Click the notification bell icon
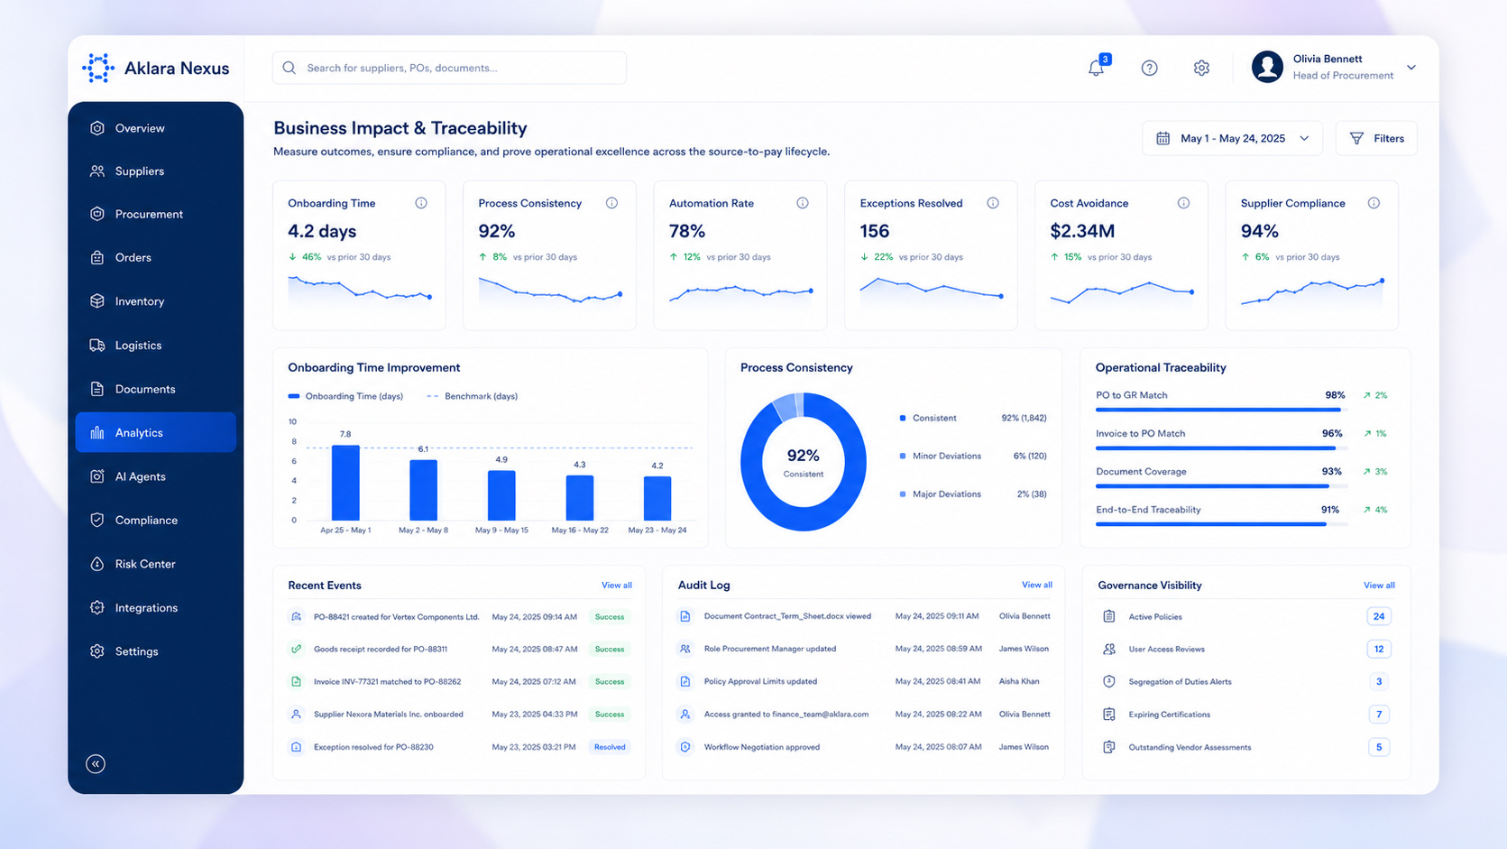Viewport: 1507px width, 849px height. (x=1096, y=68)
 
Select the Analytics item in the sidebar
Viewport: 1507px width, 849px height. (x=155, y=432)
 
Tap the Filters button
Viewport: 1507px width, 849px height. (x=1376, y=138)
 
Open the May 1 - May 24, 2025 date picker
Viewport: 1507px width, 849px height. (x=1232, y=138)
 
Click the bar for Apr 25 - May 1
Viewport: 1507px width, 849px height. (x=345, y=483)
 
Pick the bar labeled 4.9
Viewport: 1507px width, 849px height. (x=501, y=495)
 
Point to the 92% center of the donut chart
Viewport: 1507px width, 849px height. (x=804, y=456)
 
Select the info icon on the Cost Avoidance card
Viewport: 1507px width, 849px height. (x=1183, y=203)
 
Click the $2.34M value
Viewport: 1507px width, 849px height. (x=1082, y=231)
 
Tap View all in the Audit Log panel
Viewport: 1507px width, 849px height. (x=1037, y=585)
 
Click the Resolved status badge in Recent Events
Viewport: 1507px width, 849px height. (x=610, y=747)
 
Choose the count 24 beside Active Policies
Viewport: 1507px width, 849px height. (x=1379, y=616)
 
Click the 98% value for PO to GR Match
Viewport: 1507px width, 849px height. (x=1335, y=395)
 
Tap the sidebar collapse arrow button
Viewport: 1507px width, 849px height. (x=96, y=763)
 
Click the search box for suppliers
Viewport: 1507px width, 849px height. (x=449, y=68)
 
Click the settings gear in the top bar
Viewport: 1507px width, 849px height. (x=1201, y=68)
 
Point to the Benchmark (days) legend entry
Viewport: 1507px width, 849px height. (x=473, y=396)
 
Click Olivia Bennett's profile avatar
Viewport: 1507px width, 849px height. (x=1267, y=68)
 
